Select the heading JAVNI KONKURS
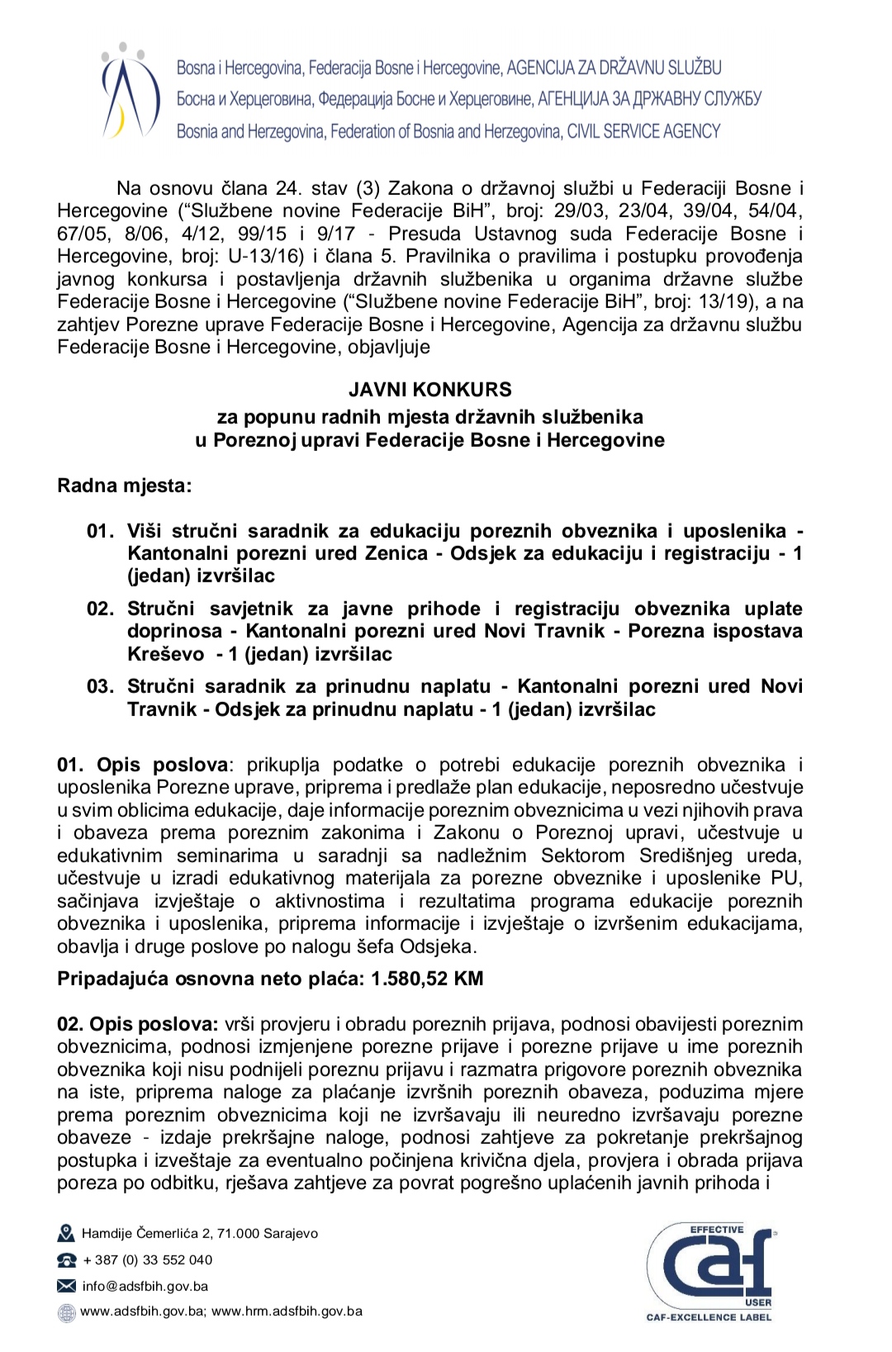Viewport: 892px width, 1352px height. (430, 389)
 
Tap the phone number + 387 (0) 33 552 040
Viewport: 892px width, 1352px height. (148, 1259)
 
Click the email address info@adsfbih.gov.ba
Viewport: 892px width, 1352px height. (145, 1286)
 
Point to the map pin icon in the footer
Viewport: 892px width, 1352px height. (66, 1234)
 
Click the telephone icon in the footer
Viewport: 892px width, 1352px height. (66, 1260)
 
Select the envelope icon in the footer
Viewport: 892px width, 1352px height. (66, 1286)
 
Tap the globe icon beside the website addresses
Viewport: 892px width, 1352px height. (66, 1312)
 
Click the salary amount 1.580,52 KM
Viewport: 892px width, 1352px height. (427, 979)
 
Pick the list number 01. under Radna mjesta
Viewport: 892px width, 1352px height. (101, 530)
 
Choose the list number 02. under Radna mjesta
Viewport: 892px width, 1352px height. (101, 609)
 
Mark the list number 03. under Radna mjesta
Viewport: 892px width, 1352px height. (101, 686)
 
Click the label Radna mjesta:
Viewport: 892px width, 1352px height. (124, 485)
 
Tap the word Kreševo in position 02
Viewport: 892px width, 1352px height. (165, 653)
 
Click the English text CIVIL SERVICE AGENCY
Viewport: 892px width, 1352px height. (643, 131)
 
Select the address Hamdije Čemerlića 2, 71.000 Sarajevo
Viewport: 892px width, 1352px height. (200, 1234)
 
